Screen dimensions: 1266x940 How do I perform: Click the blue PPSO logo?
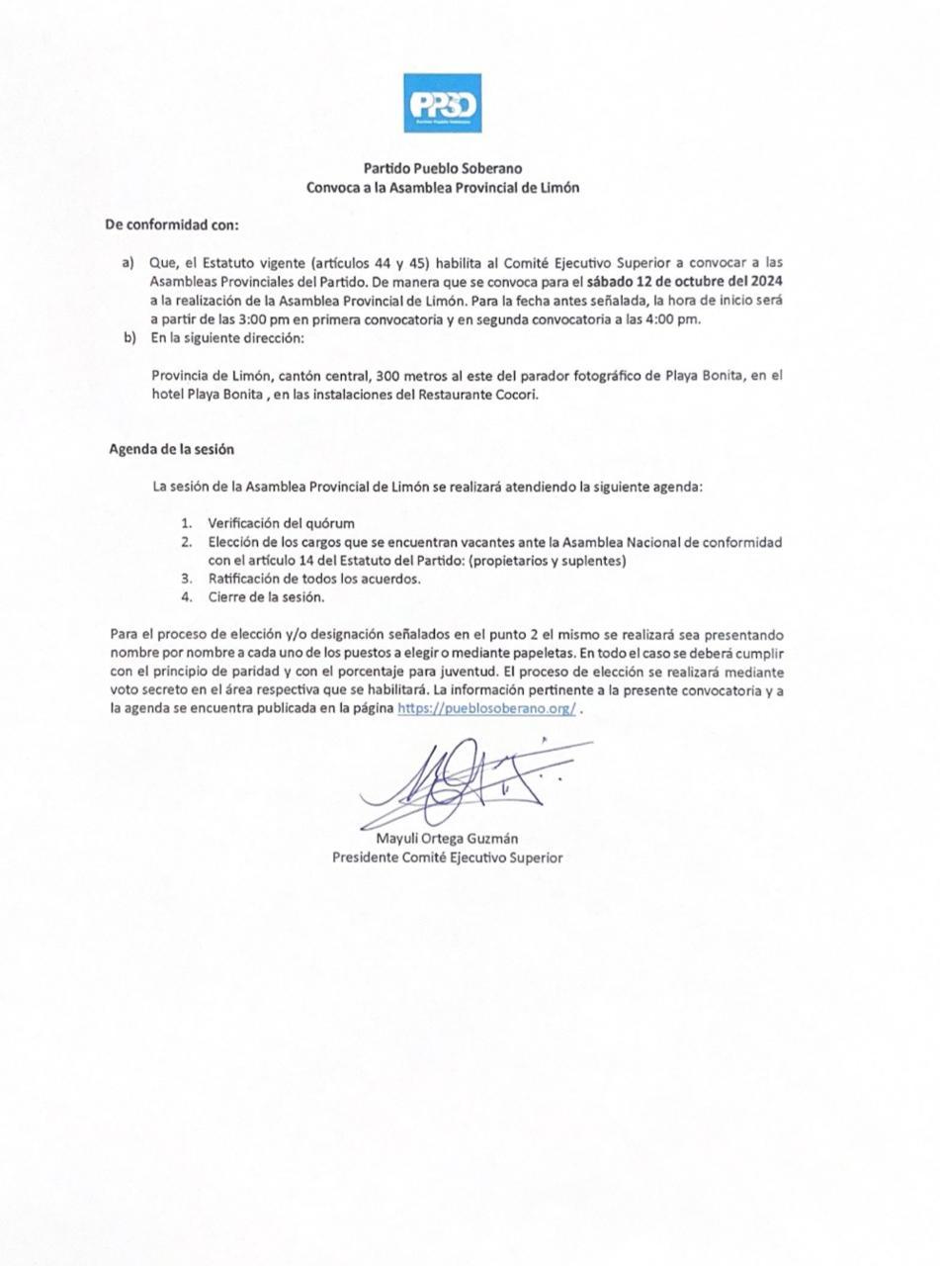442,103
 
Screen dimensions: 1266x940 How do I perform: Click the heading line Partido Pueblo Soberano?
442,168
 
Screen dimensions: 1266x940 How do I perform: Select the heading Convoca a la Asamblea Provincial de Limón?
442,187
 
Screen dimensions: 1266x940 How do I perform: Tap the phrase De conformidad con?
172,225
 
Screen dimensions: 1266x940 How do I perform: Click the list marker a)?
128,262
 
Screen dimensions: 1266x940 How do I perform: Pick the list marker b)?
128,337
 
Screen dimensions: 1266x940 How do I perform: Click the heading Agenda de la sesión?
171,449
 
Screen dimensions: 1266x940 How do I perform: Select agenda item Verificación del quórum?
281,523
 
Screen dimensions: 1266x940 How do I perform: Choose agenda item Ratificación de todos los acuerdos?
313,579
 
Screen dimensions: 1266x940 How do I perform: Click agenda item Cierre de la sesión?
266,597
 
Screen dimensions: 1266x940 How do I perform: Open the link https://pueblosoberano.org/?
486,709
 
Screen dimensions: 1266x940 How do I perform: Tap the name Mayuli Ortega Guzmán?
447,839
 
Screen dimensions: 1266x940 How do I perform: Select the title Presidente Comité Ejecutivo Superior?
447,858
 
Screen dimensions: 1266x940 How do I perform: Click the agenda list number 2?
186,542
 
